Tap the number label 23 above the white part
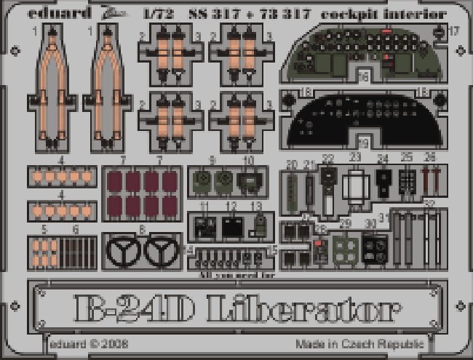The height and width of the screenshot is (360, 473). [355, 158]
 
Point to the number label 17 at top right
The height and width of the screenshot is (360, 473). [454, 31]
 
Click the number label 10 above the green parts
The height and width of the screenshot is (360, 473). [248, 159]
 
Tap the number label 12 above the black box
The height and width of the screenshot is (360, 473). [231, 207]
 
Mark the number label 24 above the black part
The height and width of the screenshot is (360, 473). [383, 158]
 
